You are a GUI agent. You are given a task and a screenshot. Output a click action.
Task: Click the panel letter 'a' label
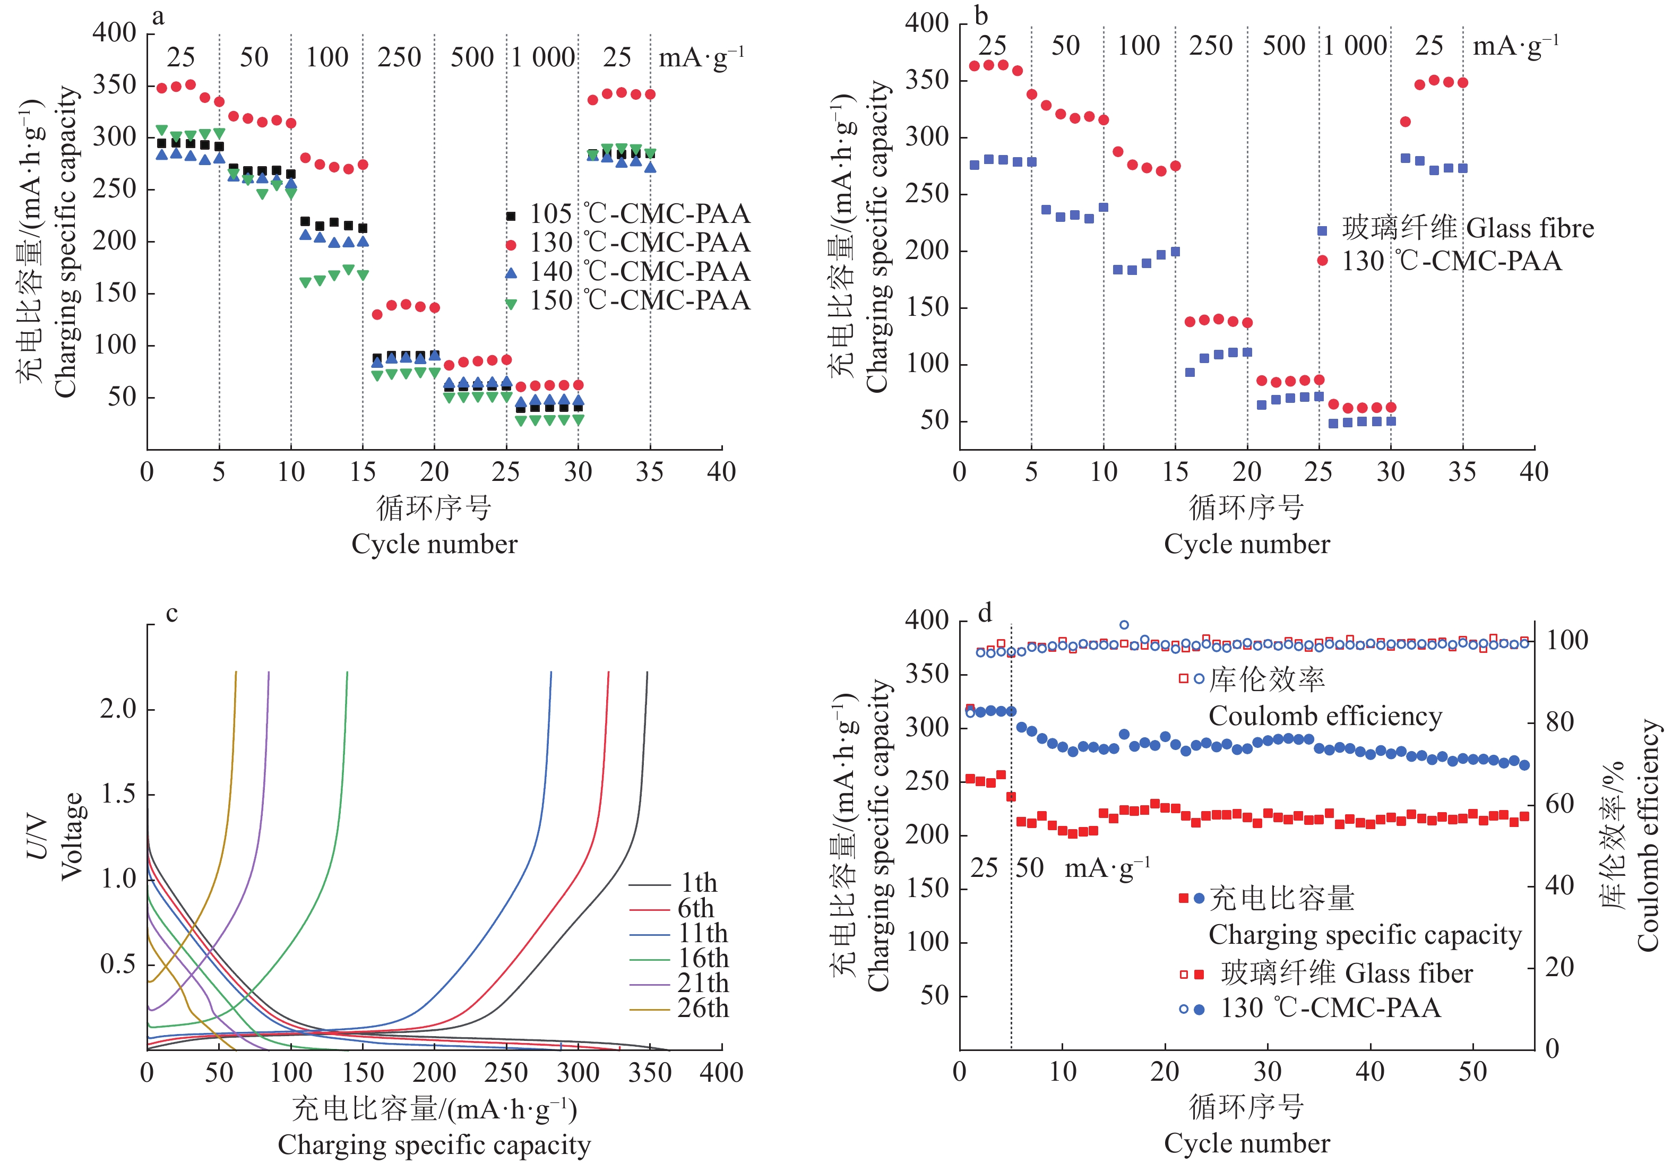(x=158, y=18)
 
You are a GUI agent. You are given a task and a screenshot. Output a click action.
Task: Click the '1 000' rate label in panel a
(x=543, y=57)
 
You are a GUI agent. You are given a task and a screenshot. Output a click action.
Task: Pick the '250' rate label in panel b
(x=1210, y=46)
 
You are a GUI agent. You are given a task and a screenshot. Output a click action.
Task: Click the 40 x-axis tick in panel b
(x=1533, y=472)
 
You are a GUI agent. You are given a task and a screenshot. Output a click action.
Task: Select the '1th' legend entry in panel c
(x=697, y=883)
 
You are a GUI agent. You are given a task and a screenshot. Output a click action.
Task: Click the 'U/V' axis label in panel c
(x=37, y=838)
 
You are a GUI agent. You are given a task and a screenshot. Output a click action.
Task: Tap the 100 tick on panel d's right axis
(x=1567, y=640)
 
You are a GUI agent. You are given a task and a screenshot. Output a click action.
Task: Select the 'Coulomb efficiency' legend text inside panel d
(x=1325, y=717)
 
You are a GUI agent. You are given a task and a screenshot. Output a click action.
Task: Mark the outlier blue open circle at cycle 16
(x=1124, y=625)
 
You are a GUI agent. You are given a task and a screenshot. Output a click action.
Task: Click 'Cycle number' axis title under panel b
(x=1247, y=545)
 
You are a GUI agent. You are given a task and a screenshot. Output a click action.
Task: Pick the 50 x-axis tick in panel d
(x=1472, y=1072)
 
